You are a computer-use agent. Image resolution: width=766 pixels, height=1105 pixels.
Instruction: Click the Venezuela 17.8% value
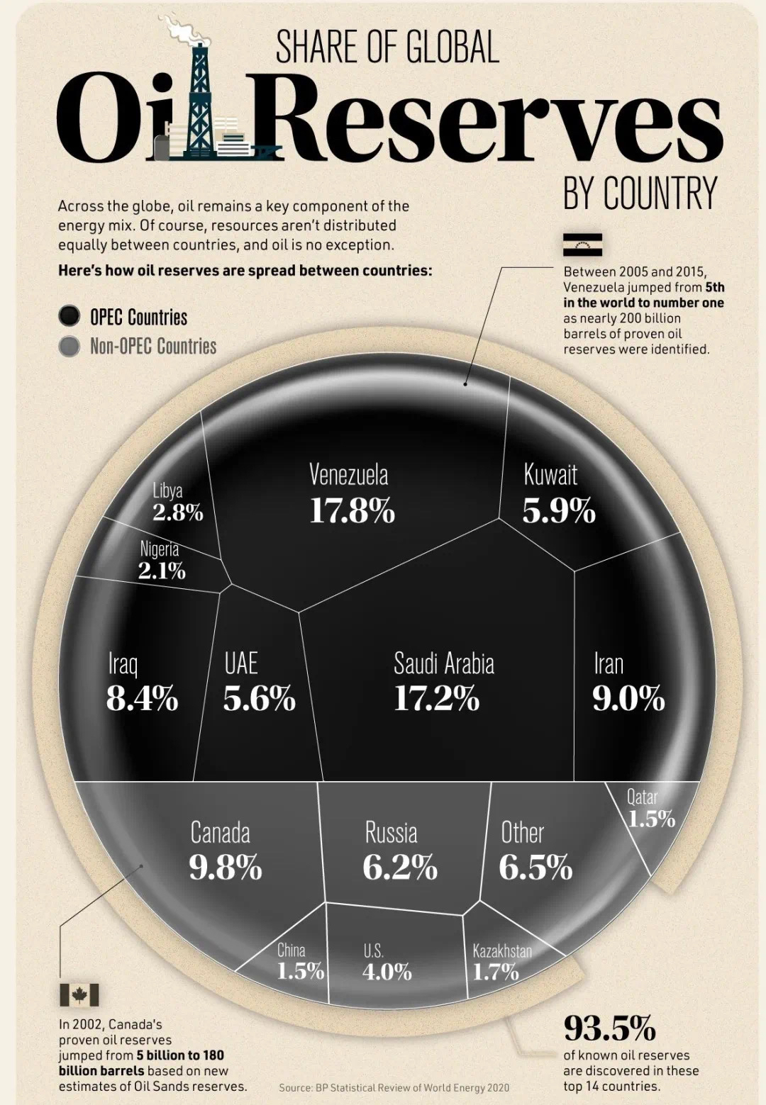pos(352,511)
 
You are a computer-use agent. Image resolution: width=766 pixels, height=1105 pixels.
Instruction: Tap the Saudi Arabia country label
pos(444,664)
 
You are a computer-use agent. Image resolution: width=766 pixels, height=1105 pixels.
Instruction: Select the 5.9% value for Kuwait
pos(559,511)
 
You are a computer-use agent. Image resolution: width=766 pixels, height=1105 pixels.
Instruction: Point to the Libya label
pos(167,490)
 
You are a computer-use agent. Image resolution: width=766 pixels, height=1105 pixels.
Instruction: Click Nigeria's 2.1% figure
pos(162,571)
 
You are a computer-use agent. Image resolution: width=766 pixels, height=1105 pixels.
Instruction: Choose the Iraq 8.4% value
pos(142,699)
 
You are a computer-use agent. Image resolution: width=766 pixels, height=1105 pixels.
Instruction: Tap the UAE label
pos(241,664)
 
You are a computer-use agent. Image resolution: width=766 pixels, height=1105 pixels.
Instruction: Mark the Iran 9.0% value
pos(628,699)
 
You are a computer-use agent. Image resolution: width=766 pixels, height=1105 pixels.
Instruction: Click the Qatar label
pos(642,797)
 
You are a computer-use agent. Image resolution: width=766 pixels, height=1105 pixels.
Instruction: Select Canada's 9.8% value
pos(226,868)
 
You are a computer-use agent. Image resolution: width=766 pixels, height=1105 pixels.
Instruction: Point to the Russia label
pos(391,833)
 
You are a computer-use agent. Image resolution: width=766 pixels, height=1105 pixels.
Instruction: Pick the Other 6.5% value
pos(535,868)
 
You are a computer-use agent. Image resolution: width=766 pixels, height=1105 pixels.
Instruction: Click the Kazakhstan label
pos(502,950)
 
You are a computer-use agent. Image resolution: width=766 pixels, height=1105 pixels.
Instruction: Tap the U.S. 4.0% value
pos(387,972)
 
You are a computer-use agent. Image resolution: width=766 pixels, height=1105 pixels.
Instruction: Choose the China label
pos(291,950)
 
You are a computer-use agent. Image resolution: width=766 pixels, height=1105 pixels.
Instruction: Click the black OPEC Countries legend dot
pos(69,317)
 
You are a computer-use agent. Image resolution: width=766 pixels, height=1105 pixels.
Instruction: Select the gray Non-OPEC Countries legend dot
pos(69,347)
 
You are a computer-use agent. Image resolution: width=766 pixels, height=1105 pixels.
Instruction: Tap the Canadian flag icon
pos(79,995)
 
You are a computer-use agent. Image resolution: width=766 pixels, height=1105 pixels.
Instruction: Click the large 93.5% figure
pos(609,1027)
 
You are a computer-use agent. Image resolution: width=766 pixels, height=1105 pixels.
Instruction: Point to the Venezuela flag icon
pos(582,245)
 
